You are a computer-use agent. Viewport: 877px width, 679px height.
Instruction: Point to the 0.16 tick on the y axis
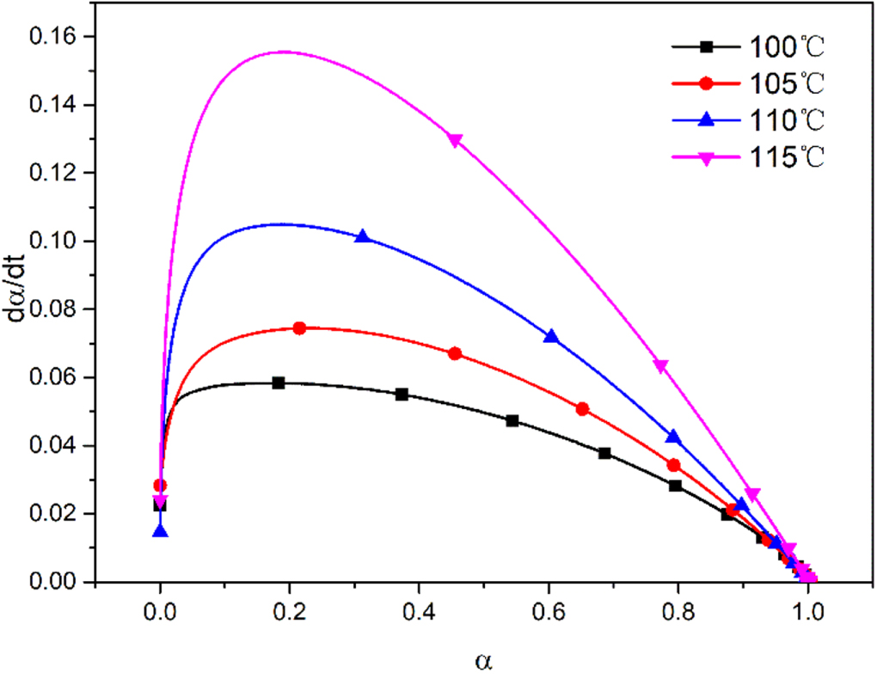point(53,37)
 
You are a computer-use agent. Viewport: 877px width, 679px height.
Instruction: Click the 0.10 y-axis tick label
point(53,242)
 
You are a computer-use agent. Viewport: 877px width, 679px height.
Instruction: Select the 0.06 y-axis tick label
point(53,377)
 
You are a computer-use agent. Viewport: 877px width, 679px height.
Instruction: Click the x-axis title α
point(483,662)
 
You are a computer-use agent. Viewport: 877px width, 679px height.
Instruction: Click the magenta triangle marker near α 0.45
point(455,140)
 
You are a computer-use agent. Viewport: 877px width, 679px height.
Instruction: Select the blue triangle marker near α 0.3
point(363,236)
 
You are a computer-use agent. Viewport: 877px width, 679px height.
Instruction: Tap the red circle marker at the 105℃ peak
point(299,327)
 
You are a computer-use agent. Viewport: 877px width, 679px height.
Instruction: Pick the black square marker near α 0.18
point(278,382)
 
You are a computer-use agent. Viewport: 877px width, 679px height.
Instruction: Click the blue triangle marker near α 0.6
point(551,336)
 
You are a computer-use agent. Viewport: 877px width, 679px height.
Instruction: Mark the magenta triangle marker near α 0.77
point(660,367)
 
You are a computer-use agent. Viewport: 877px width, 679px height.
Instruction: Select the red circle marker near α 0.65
point(582,408)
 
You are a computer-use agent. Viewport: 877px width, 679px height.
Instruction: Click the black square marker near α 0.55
point(512,420)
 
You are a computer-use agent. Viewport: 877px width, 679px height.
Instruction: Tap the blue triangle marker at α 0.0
point(160,531)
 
